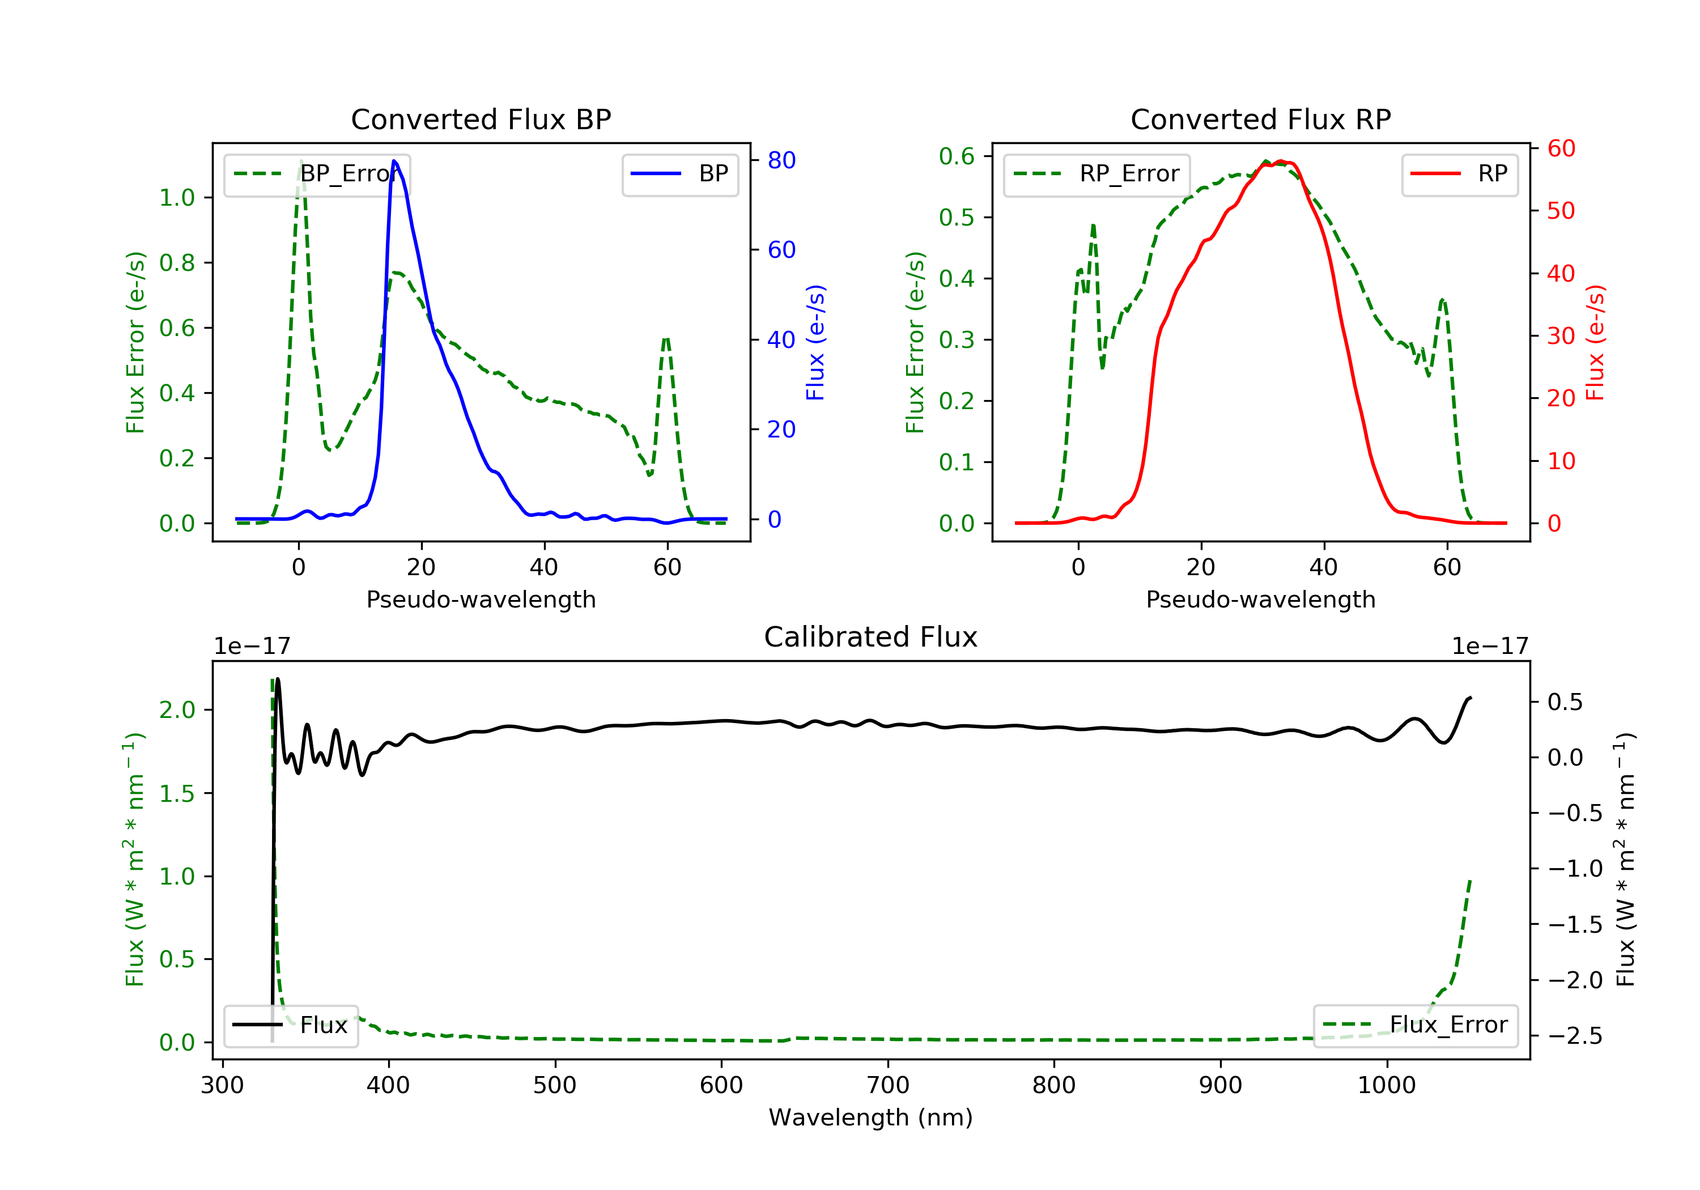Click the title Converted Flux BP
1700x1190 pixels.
(481, 119)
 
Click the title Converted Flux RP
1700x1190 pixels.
(1260, 119)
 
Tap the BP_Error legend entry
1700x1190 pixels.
(317, 174)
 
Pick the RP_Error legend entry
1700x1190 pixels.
(1096, 174)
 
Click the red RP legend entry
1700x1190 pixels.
(1459, 174)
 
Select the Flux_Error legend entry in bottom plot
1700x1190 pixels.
(1415, 1025)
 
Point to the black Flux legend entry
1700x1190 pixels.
(291, 1025)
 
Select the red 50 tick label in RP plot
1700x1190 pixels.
(1561, 211)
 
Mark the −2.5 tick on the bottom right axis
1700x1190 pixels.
(1575, 1035)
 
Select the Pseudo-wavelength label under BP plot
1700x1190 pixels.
(481, 599)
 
